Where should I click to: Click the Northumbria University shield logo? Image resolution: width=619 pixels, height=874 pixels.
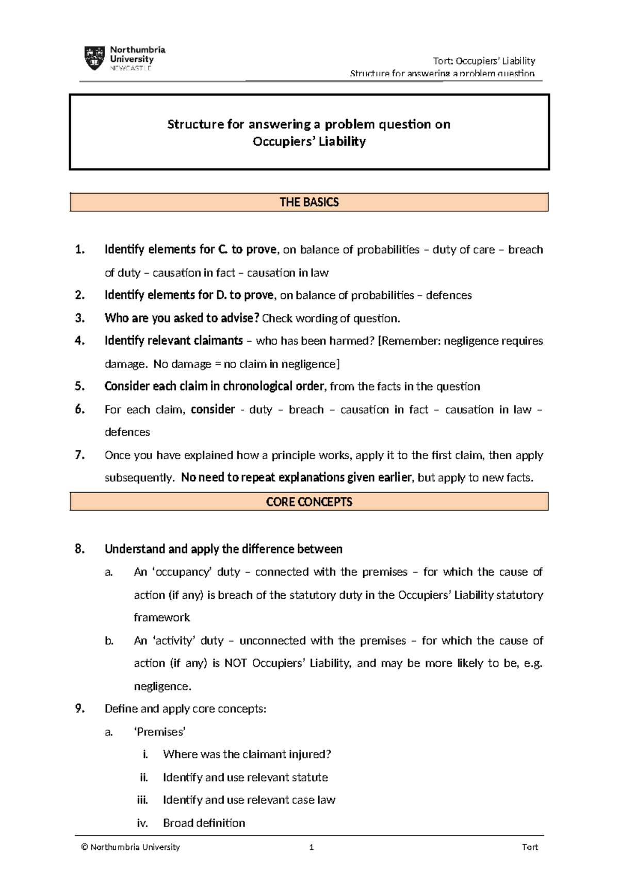[94, 58]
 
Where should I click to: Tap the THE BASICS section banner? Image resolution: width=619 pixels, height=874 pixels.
[309, 202]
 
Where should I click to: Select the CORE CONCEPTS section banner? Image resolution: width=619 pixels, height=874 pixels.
[309, 501]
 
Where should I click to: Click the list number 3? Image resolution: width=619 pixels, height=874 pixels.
[79, 318]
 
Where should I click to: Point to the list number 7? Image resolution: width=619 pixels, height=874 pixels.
[79, 455]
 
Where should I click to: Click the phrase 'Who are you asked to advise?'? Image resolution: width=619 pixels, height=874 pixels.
[182, 318]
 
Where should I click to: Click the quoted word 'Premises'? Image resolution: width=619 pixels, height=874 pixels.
[159, 732]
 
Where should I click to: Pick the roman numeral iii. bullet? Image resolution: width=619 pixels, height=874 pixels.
[142, 800]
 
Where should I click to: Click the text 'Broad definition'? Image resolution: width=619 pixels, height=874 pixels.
[204, 823]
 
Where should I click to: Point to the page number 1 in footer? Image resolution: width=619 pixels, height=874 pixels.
[311, 847]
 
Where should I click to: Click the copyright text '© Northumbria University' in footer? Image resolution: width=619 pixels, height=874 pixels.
[131, 847]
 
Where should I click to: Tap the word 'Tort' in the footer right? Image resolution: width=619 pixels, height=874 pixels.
[530, 847]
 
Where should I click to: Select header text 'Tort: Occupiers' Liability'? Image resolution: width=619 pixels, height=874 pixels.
[484, 61]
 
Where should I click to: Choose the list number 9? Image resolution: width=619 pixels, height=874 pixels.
[79, 709]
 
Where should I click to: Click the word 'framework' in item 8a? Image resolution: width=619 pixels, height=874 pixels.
[161, 617]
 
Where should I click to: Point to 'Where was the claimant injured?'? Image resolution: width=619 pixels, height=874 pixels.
[247, 754]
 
